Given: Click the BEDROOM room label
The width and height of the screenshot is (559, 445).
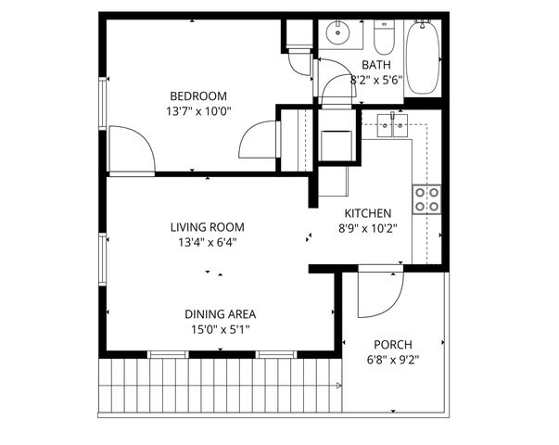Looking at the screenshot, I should (x=197, y=95).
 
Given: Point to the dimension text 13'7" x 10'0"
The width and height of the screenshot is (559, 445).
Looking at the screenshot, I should (x=197, y=111).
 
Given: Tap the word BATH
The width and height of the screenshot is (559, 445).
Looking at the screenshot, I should (x=375, y=65).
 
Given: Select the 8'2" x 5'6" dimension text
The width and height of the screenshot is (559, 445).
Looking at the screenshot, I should (x=375, y=81).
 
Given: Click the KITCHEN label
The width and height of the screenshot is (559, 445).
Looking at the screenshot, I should (x=368, y=212).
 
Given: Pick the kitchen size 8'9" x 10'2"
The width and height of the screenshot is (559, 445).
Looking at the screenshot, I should (x=368, y=228).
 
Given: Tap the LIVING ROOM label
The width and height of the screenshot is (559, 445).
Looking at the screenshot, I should (x=207, y=227).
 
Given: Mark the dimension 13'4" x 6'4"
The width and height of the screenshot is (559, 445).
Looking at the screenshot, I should (x=207, y=243).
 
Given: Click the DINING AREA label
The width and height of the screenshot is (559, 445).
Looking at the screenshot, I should (x=220, y=313).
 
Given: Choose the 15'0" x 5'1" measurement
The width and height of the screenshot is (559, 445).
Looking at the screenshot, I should (x=220, y=329).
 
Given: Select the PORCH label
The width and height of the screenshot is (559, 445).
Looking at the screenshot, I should (x=392, y=344).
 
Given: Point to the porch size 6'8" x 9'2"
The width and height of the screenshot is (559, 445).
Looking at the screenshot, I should (x=392, y=361).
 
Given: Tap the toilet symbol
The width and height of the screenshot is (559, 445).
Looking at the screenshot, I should (x=385, y=37).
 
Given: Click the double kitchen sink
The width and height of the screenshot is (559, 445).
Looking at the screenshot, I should (x=393, y=123).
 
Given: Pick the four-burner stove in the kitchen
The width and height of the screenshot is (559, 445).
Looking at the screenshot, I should (x=426, y=199).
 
